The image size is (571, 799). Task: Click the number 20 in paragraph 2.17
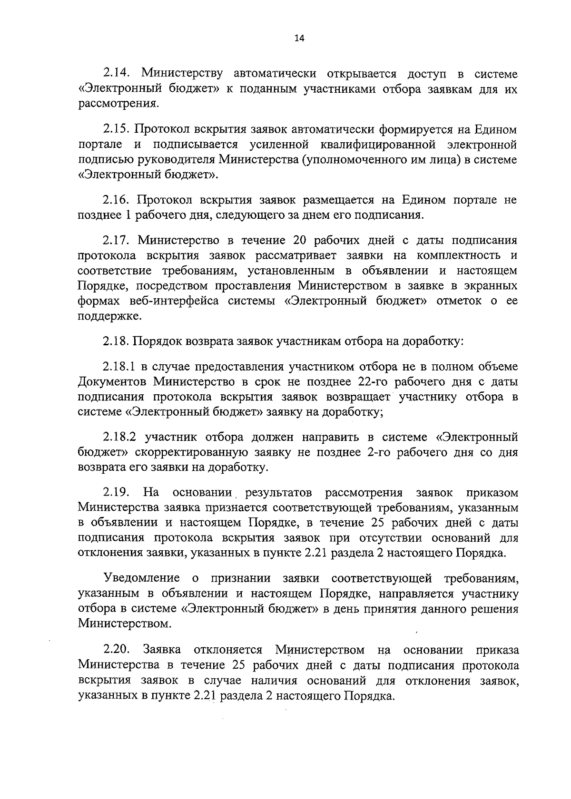(x=303, y=240)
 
